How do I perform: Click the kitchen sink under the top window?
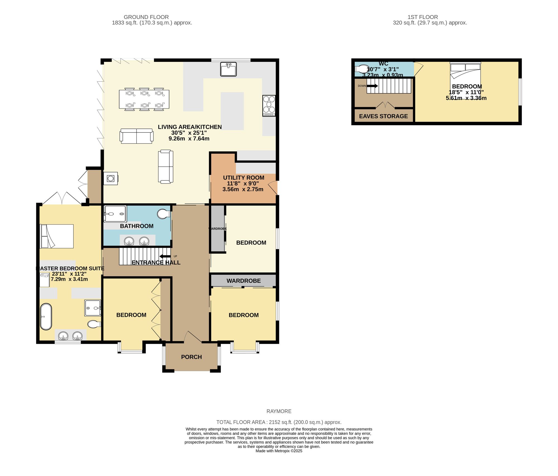click(x=228, y=69)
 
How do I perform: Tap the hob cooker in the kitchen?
click(x=269, y=105)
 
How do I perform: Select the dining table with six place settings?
click(x=144, y=99)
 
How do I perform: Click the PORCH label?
click(x=191, y=357)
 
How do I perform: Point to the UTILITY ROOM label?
click(x=244, y=178)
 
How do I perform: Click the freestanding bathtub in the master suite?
click(x=46, y=316)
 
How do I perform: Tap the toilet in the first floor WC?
click(x=362, y=69)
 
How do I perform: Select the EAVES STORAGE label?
click(x=383, y=116)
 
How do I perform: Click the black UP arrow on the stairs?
click(x=165, y=256)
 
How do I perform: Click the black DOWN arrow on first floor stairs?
click(x=372, y=86)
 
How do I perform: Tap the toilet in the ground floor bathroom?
click(x=163, y=214)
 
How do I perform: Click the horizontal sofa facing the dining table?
click(x=136, y=136)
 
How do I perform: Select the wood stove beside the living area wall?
click(x=110, y=178)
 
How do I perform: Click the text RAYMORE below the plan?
click(x=279, y=411)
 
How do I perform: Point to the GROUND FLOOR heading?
click(x=146, y=17)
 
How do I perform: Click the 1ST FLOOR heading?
click(x=423, y=17)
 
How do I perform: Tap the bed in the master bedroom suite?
click(x=57, y=236)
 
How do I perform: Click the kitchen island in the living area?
click(x=232, y=111)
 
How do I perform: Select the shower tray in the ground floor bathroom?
click(x=115, y=214)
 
